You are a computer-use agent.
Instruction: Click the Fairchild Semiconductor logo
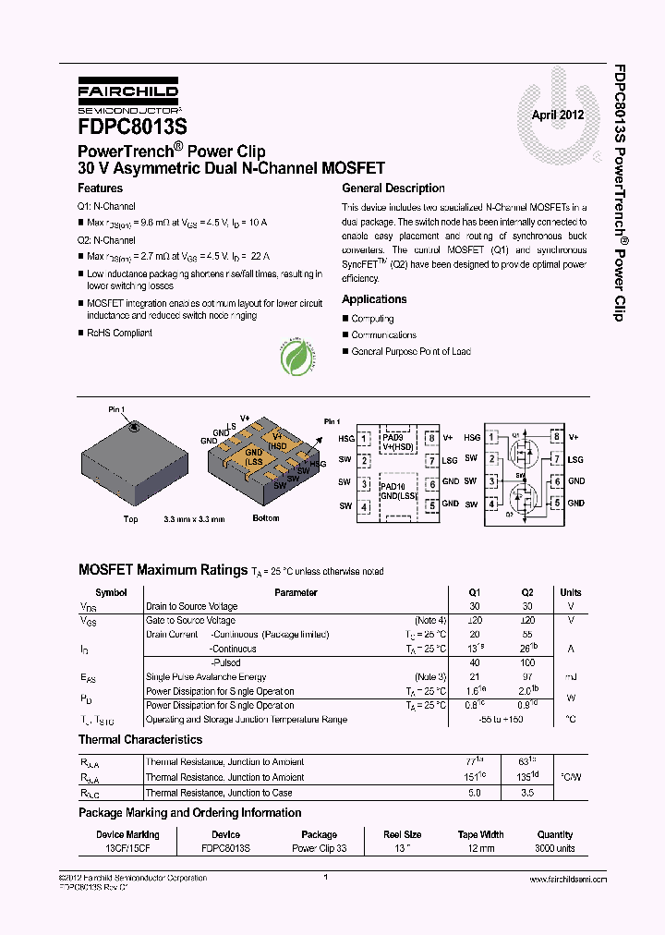click(x=128, y=96)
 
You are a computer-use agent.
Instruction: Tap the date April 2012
click(x=557, y=115)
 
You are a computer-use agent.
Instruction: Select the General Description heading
click(x=393, y=188)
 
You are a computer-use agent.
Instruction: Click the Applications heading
click(x=374, y=299)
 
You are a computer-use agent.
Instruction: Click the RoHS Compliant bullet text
click(x=120, y=333)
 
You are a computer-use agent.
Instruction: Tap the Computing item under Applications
click(x=372, y=319)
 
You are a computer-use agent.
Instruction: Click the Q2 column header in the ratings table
click(x=527, y=592)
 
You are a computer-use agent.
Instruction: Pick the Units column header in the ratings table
click(x=571, y=592)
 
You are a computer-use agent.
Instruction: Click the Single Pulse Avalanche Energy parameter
click(x=206, y=677)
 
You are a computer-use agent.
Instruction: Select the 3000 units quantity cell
click(x=554, y=848)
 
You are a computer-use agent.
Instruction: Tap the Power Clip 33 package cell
click(x=320, y=848)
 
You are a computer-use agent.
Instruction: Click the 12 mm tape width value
click(x=480, y=848)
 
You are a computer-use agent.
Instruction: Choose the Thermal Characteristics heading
click(x=140, y=740)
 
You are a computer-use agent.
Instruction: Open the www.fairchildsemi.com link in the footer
click(x=567, y=880)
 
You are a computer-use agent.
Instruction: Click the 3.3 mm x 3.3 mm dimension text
click(x=193, y=519)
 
